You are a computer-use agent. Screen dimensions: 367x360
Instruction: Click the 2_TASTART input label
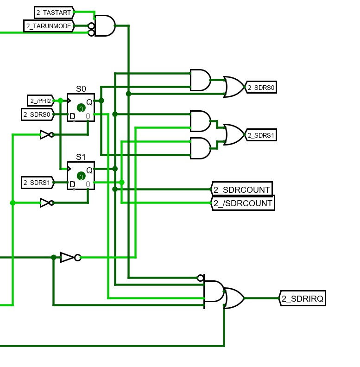(x=54, y=13)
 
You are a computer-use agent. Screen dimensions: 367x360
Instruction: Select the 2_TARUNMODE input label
(x=49, y=26)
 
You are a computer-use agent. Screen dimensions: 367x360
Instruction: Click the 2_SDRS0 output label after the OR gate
(x=261, y=87)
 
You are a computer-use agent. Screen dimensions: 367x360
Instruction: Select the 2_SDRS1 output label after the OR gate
(x=261, y=135)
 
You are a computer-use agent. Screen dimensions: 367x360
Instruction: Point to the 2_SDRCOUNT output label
(x=241, y=189)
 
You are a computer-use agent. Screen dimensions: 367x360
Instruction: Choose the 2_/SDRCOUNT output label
(x=242, y=203)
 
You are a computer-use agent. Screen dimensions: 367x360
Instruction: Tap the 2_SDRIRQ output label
(x=303, y=299)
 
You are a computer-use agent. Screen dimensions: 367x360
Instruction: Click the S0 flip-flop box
(x=81, y=108)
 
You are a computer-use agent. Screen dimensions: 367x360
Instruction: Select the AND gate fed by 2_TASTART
(x=105, y=26)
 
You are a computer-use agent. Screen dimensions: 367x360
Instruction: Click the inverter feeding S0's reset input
(x=46, y=135)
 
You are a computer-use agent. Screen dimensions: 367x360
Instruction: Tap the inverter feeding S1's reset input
(x=46, y=202)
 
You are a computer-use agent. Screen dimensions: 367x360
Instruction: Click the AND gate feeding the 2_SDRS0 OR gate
(x=200, y=80)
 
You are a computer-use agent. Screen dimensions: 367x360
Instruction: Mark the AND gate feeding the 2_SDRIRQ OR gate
(x=213, y=291)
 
